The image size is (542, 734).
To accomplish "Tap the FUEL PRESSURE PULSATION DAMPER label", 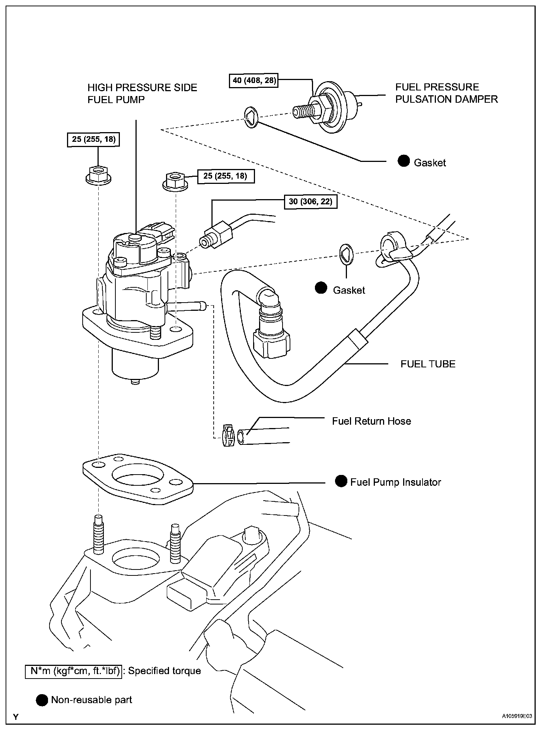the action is [x=446, y=93].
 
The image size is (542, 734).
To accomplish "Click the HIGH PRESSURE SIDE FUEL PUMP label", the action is [x=142, y=93].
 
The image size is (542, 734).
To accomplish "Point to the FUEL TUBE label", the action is [x=428, y=364].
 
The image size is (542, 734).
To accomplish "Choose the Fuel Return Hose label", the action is [x=372, y=421].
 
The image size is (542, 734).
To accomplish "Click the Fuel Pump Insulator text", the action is [x=396, y=482].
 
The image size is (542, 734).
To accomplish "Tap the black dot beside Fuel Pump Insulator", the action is [x=341, y=481].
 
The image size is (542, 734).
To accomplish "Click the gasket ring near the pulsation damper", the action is [x=252, y=117].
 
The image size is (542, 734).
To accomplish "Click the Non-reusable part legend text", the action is [x=92, y=700].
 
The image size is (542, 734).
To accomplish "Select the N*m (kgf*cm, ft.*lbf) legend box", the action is [x=74, y=671].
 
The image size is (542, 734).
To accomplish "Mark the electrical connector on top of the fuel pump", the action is [x=163, y=232].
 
